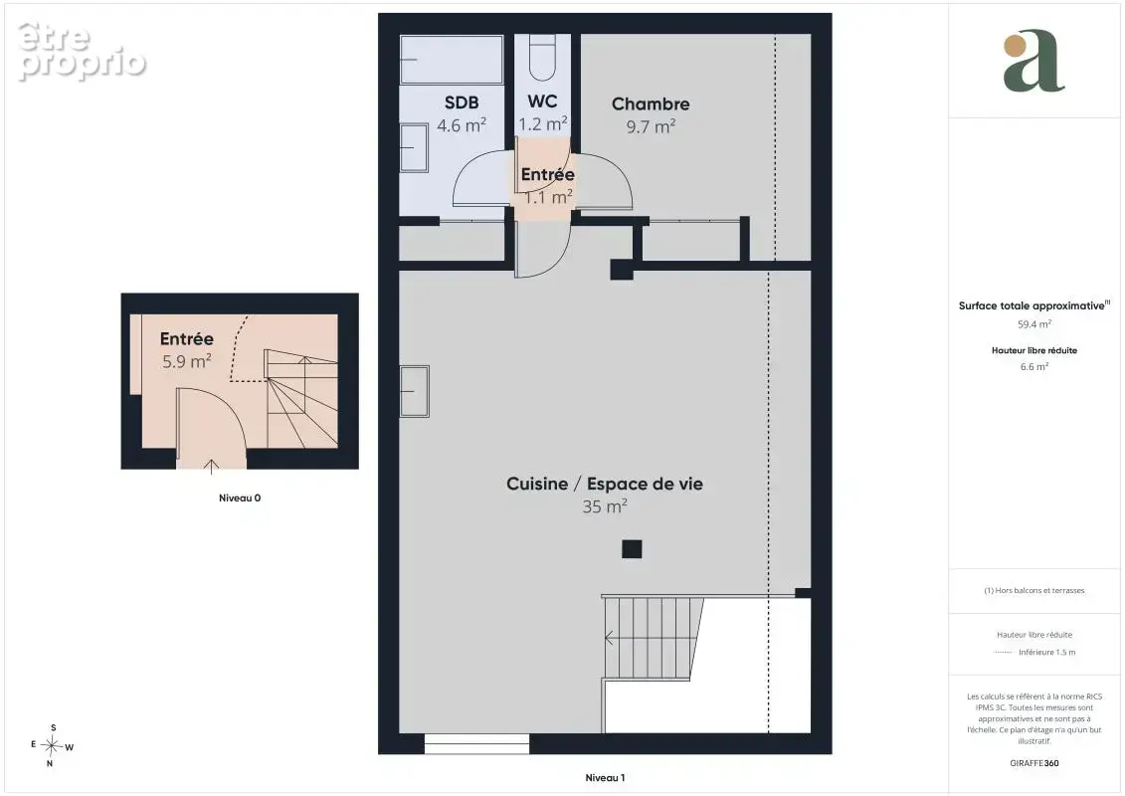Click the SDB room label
(x=462, y=102)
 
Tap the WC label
(x=542, y=101)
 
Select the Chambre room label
(x=651, y=104)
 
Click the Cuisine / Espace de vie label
(x=605, y=484)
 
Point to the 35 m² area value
(x=605, y=506)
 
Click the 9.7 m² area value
(x=651, y=126)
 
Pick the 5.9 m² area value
(x=187, y=360)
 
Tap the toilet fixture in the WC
(x=542, y=58)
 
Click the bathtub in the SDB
(x=452, y=59)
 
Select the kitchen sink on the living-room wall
(x=414, y=391)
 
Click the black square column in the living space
(x=632, y=549)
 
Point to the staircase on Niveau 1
(x=653, y=638)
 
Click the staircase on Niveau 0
(x=302, y=398)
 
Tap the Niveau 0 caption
(x=240, y=497)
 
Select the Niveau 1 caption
(x=605, y=777)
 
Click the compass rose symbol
(x=52, y=746)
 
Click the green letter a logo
(x=1033, y=61)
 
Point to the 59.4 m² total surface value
(x=1033, y=324)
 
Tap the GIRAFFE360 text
(x=1033, y=763)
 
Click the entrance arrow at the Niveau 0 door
(x=211, y=467)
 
